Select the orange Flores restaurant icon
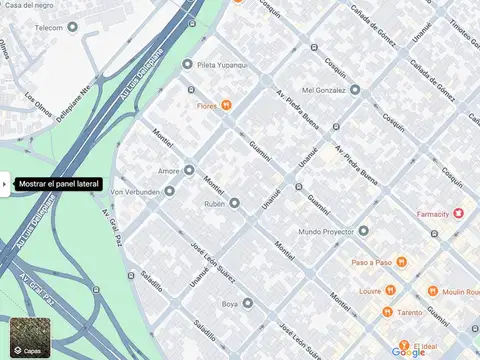[228, 104]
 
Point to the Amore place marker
[189, 171]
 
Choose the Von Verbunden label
[136, 191]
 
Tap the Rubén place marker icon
[235, 203]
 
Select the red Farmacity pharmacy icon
[459, 213]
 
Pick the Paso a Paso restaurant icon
[401, 262]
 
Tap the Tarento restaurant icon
[386, 312]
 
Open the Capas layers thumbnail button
[27, 338]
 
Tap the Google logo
[408, 351]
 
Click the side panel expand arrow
[5, 184]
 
